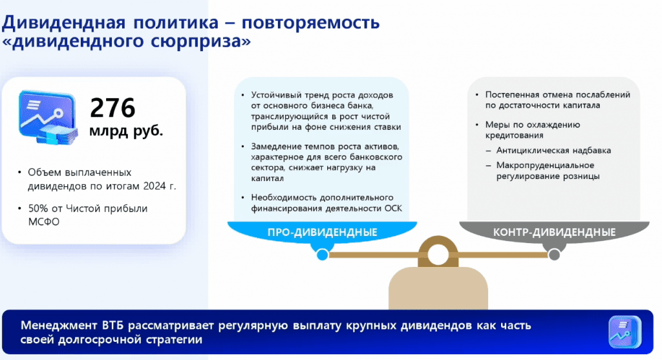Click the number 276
[x=112, y=107]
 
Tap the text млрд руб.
[x=126, y=131]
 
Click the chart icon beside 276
[x=48, y=118]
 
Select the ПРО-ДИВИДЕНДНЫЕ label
[x=322, y=232]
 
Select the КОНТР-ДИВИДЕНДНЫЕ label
[x=554, y=232]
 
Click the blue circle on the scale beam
[x=323, y=255]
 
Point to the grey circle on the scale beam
[x=554, y=255]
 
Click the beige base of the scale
[x=438, y=289]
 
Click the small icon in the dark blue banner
[x=625, y=332]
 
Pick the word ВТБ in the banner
[x=112, y=325]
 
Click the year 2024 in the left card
[x=154, y=186]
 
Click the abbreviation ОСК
[x=393, y=209]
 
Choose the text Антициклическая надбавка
[x=553, y=150]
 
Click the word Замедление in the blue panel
[x=273, y=147]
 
